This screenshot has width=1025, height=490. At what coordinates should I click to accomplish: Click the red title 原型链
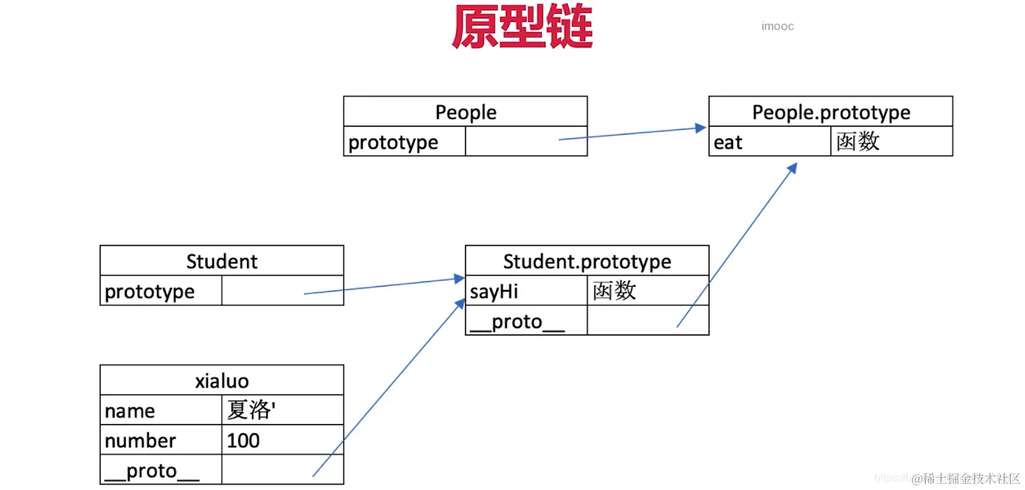(522, 28)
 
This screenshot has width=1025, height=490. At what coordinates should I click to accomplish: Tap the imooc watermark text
(777, 27)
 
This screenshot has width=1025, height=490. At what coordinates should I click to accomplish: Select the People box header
(465, 112)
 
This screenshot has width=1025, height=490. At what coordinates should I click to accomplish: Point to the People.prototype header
(831, 112)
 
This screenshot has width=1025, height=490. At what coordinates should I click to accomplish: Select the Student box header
(222, 261)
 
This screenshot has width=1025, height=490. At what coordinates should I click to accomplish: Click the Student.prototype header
(587, 261)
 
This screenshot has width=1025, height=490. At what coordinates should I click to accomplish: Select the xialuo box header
(222, 381)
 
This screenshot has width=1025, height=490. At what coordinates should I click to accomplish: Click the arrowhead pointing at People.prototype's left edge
(701, 128)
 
